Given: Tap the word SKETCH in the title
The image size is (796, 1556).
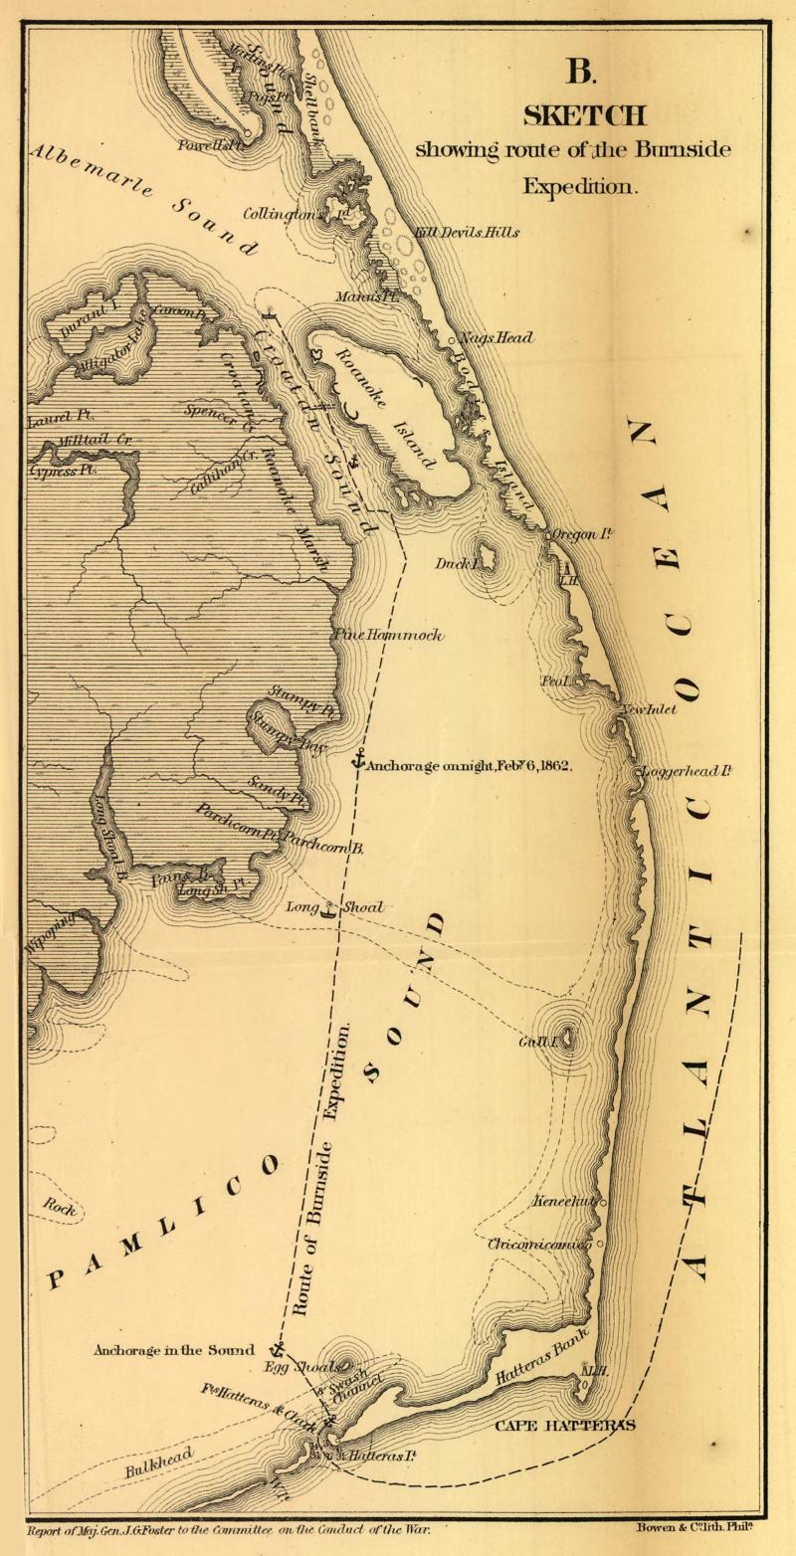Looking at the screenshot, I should point(584,115).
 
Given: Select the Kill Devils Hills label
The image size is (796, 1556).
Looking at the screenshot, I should point(467,232).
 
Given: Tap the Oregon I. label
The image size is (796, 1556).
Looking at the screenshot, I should point(582,534).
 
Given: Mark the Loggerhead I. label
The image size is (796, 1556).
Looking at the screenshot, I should point(688,771).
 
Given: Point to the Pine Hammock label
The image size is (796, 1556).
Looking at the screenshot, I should point(388,635).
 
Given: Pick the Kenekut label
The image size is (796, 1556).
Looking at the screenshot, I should point(565,1201).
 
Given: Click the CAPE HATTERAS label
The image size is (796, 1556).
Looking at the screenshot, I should point(565,1425).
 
